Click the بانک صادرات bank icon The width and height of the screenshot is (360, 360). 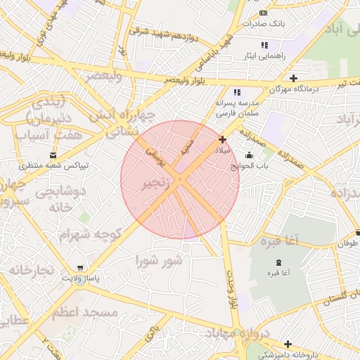click(x=263, y=13)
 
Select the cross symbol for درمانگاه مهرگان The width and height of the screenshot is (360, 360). click(x=293, y=77)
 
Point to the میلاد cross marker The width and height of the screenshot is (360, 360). click(x=223, y=140)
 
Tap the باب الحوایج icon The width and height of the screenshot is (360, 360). click(x=249, y=155)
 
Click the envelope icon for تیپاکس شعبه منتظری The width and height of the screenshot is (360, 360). click(x=53, y=155)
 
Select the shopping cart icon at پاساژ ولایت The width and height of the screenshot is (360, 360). click(x=82, y=268)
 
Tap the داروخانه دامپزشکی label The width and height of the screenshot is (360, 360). click(x=324, y=355)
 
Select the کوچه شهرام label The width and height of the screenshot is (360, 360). click(x=91, y=233)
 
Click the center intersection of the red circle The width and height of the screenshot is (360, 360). click(x=180, y=180)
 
